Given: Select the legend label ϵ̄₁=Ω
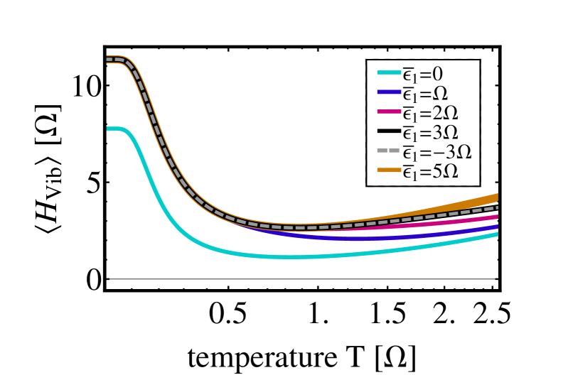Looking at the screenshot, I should tap(424, 93).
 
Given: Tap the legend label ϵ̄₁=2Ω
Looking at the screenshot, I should tap(429, 113).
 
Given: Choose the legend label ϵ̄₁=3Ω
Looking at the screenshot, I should tap(429, 132).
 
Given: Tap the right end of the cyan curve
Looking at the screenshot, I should tap(496, 234).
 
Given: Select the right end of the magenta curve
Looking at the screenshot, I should tap(496, 217).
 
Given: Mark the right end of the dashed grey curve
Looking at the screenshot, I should tap(496, 207).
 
